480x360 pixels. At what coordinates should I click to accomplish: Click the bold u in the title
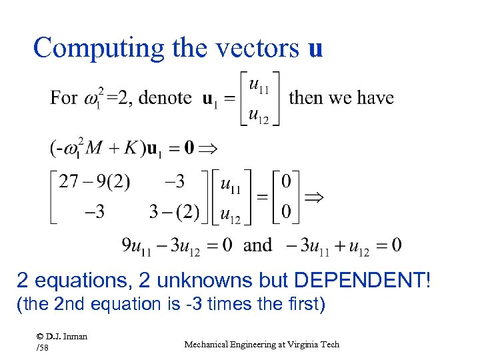click(315, 49)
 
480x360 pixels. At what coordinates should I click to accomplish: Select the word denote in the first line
click(165, 98)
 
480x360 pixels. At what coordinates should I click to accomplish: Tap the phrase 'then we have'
click(341, 98)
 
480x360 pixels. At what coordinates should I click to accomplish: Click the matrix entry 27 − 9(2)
click(95, 182)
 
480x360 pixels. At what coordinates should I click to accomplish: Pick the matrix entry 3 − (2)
click(174, 212)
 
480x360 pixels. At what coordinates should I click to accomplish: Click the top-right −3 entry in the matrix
click(174, 182)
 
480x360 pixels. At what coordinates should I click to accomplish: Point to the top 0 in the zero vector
click(286, 182)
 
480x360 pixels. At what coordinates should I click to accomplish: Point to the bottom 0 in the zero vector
click(286, 212)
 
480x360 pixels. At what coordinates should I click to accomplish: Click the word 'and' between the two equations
click(257, 245)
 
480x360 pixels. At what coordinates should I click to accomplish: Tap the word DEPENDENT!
click(373, 281)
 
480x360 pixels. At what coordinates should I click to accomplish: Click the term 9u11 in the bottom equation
click(135, 246)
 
